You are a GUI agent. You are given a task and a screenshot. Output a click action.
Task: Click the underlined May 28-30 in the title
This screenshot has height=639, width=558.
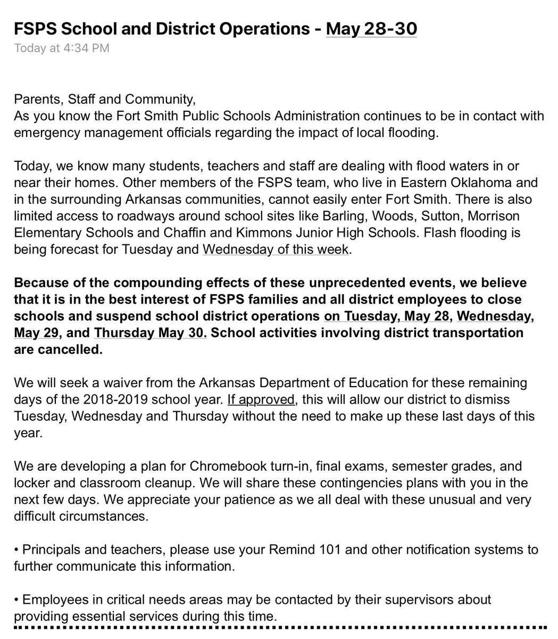point(371,28)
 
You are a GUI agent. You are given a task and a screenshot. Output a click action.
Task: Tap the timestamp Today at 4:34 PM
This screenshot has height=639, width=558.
point(62,48)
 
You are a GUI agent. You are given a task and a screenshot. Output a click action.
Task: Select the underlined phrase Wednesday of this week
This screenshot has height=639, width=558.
point(276,250)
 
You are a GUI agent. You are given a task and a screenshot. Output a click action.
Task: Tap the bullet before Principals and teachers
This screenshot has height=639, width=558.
point(16,549)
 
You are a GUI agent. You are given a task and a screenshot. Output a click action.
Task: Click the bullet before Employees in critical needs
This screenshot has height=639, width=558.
point(16,600)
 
